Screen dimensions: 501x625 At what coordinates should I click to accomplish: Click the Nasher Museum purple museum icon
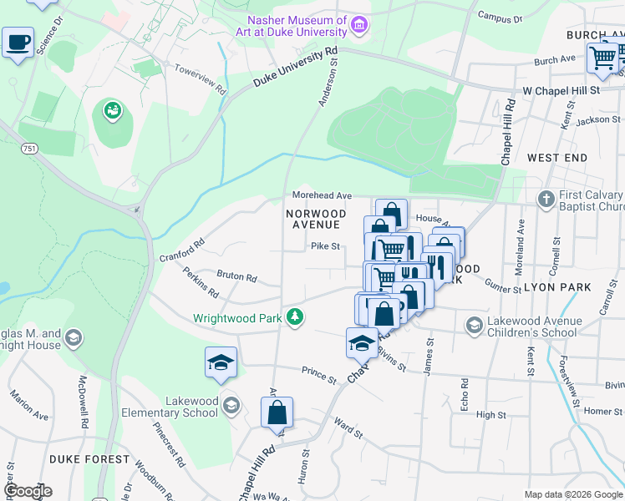[359, 25]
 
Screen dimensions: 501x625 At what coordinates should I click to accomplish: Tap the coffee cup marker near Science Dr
[18, 42]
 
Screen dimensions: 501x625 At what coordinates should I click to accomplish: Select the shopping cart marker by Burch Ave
[602, 57]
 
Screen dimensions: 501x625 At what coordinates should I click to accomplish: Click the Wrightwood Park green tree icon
[294, 317]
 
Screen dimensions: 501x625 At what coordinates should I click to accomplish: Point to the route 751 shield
[30, 149]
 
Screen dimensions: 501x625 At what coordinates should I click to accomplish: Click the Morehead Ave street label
[322, 195]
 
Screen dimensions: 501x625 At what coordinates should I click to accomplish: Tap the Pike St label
[325, 246]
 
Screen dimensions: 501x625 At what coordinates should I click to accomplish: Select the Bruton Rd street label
[236, 276]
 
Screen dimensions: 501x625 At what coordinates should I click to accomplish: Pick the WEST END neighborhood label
[557, 157]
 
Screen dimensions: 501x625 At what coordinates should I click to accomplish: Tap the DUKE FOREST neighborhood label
[89, 459]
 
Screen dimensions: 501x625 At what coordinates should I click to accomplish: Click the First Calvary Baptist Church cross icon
[546, 199]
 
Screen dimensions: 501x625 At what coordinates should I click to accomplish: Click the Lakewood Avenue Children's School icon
[475, 325]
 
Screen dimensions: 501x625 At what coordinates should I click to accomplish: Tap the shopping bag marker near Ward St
[277, 412]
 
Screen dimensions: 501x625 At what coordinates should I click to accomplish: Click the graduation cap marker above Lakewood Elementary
[221, 362]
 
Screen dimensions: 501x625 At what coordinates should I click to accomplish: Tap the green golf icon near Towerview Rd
[112, 109]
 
